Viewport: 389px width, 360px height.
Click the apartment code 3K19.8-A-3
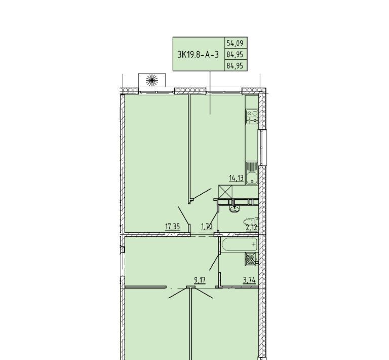click(198, 54)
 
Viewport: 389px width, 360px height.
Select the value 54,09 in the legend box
click(235, 43)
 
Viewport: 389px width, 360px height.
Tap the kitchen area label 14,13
click(237, 178)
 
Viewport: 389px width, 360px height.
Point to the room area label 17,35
click(172, 227)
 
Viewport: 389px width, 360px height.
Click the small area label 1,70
click(207, 227)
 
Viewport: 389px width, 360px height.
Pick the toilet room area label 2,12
click(251, 227)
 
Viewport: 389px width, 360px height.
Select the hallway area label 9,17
click(200, 280)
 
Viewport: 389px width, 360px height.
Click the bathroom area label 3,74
click(249, 280)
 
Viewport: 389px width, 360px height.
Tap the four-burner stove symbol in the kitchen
click(252, 117)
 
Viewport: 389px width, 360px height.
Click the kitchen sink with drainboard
click(252, 173)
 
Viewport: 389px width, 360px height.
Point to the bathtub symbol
click(240, 245)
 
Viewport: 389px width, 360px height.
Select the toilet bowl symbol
click(251, 222)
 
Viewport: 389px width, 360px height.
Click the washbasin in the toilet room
click(235, 209)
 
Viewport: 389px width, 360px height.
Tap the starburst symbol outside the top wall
click(152, 80)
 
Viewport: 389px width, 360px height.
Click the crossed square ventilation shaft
click(225, 192)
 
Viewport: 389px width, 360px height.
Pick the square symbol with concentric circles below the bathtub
click(251, 260)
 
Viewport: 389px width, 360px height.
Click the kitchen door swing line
click(202, 194)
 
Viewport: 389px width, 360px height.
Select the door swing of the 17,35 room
click(183, 214)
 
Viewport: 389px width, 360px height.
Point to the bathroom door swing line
click(214, 262)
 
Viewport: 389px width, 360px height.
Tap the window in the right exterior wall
click(262, 147)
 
